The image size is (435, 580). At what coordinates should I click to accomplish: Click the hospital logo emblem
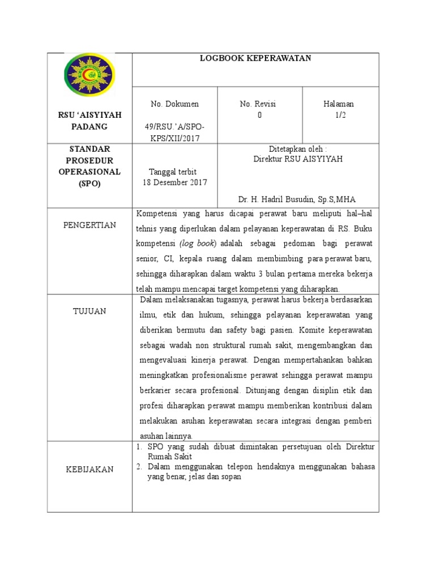(89, 75)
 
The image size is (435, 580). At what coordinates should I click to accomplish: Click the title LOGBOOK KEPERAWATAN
(255, 58)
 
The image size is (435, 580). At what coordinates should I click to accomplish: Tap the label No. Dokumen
(174, 104)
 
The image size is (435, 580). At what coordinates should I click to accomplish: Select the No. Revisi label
(260, 104)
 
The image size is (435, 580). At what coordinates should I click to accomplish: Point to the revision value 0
(260, 115)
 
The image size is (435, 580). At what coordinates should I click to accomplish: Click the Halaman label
(339, 104)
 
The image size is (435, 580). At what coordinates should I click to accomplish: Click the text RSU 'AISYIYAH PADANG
(89, 121)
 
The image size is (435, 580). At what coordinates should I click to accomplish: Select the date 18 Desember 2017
(174, 182)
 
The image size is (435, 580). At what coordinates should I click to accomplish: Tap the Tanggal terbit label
(172, 172)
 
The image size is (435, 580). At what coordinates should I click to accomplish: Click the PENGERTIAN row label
(89, 225)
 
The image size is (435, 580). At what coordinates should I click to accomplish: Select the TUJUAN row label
(89, 311)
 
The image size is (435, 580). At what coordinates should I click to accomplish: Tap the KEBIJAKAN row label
(89, 469)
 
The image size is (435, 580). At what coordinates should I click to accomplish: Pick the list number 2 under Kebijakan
(139, 467)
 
